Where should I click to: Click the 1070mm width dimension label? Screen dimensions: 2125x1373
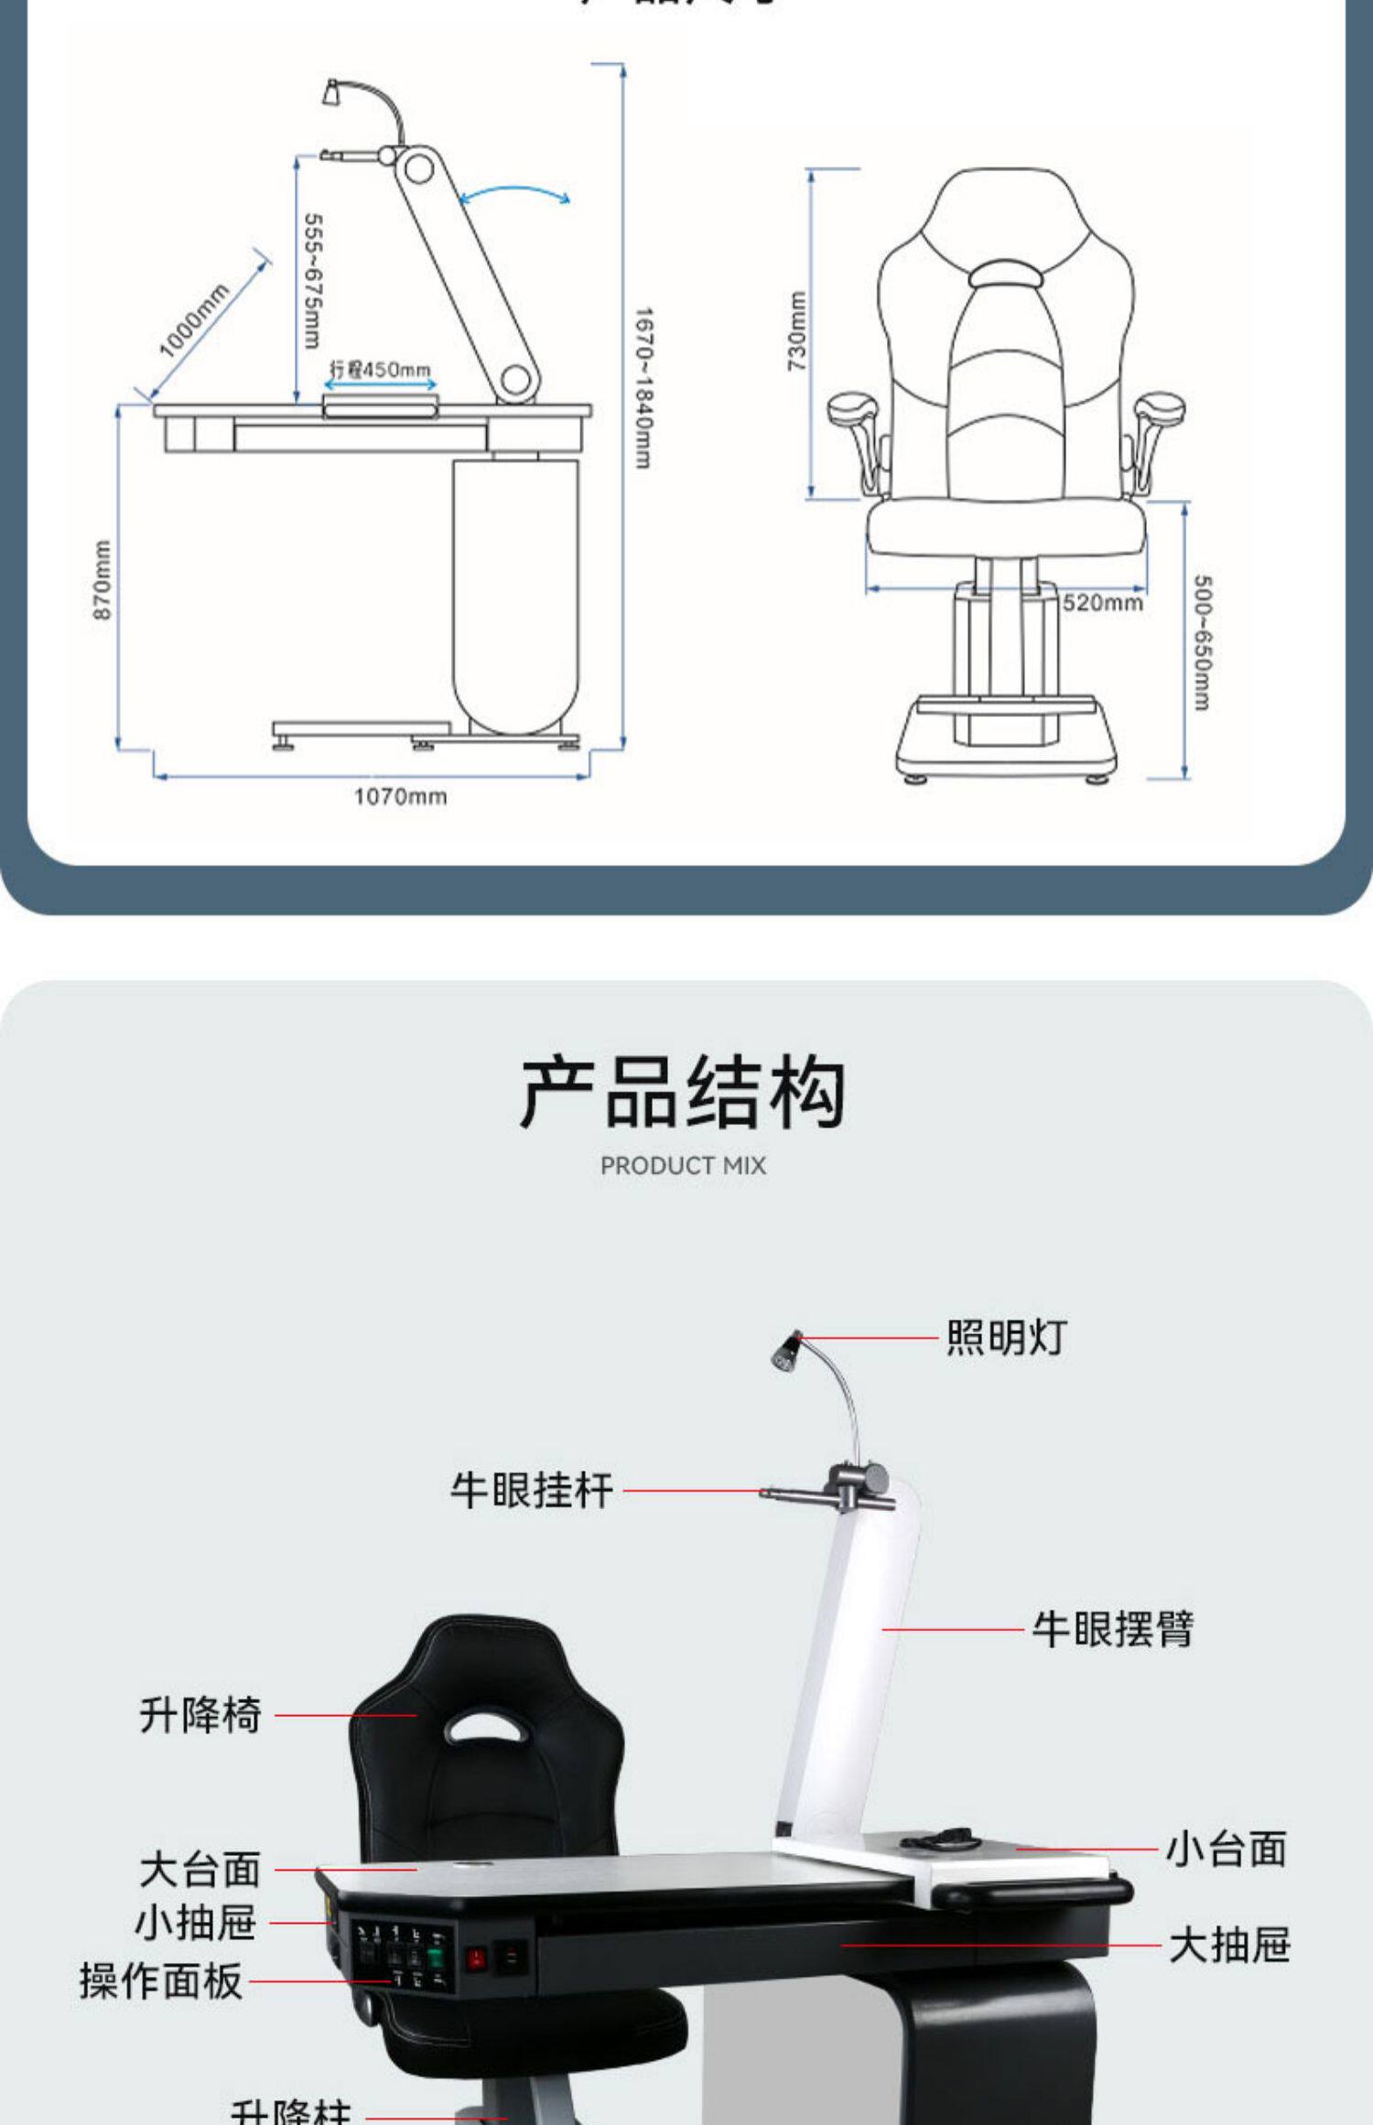[x=400, y=796]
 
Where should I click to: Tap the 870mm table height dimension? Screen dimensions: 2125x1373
[x=103, y=579]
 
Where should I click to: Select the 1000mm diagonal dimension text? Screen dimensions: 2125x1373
[x=193, y=321]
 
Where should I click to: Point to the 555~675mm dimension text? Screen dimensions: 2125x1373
[x=312, y=281]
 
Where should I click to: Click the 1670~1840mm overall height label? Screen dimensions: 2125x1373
[x=643, y=388]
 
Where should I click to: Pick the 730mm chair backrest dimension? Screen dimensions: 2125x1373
[x=797, y=331]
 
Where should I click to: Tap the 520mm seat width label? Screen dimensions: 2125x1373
[x=1102, y=602]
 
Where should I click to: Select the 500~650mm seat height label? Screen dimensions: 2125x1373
[x=1203, y=642]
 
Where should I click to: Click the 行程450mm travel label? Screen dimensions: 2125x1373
[x=380, y=370]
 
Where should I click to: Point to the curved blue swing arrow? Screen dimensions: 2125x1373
[x=515, y=193]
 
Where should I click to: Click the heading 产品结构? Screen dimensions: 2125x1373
[x=683, y=1091]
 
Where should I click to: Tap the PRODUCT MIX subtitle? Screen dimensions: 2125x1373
[x=683, y=1166]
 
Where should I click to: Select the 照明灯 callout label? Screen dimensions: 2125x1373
[x=1006, y=1338]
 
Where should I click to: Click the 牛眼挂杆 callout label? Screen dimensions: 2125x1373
[x=532, y=1491]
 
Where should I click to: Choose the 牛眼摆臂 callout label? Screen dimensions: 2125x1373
[x=1112, y=1630]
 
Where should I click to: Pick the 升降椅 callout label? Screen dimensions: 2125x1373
[x=200, y=1715]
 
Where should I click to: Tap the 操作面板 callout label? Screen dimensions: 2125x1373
[x=161, y=1981]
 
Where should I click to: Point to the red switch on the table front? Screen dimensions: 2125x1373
[x=476, y=1959]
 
